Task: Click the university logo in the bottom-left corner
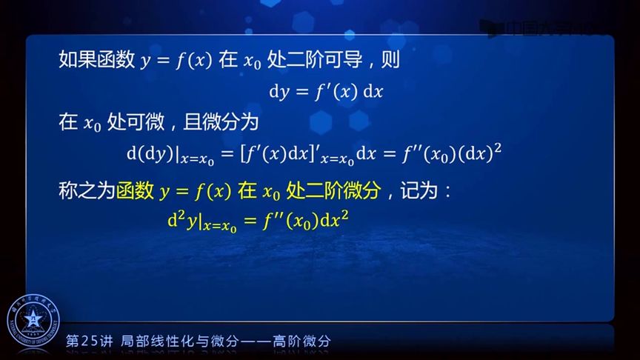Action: (x=32, y=324)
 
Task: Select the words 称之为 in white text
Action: (x=86, y=192)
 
